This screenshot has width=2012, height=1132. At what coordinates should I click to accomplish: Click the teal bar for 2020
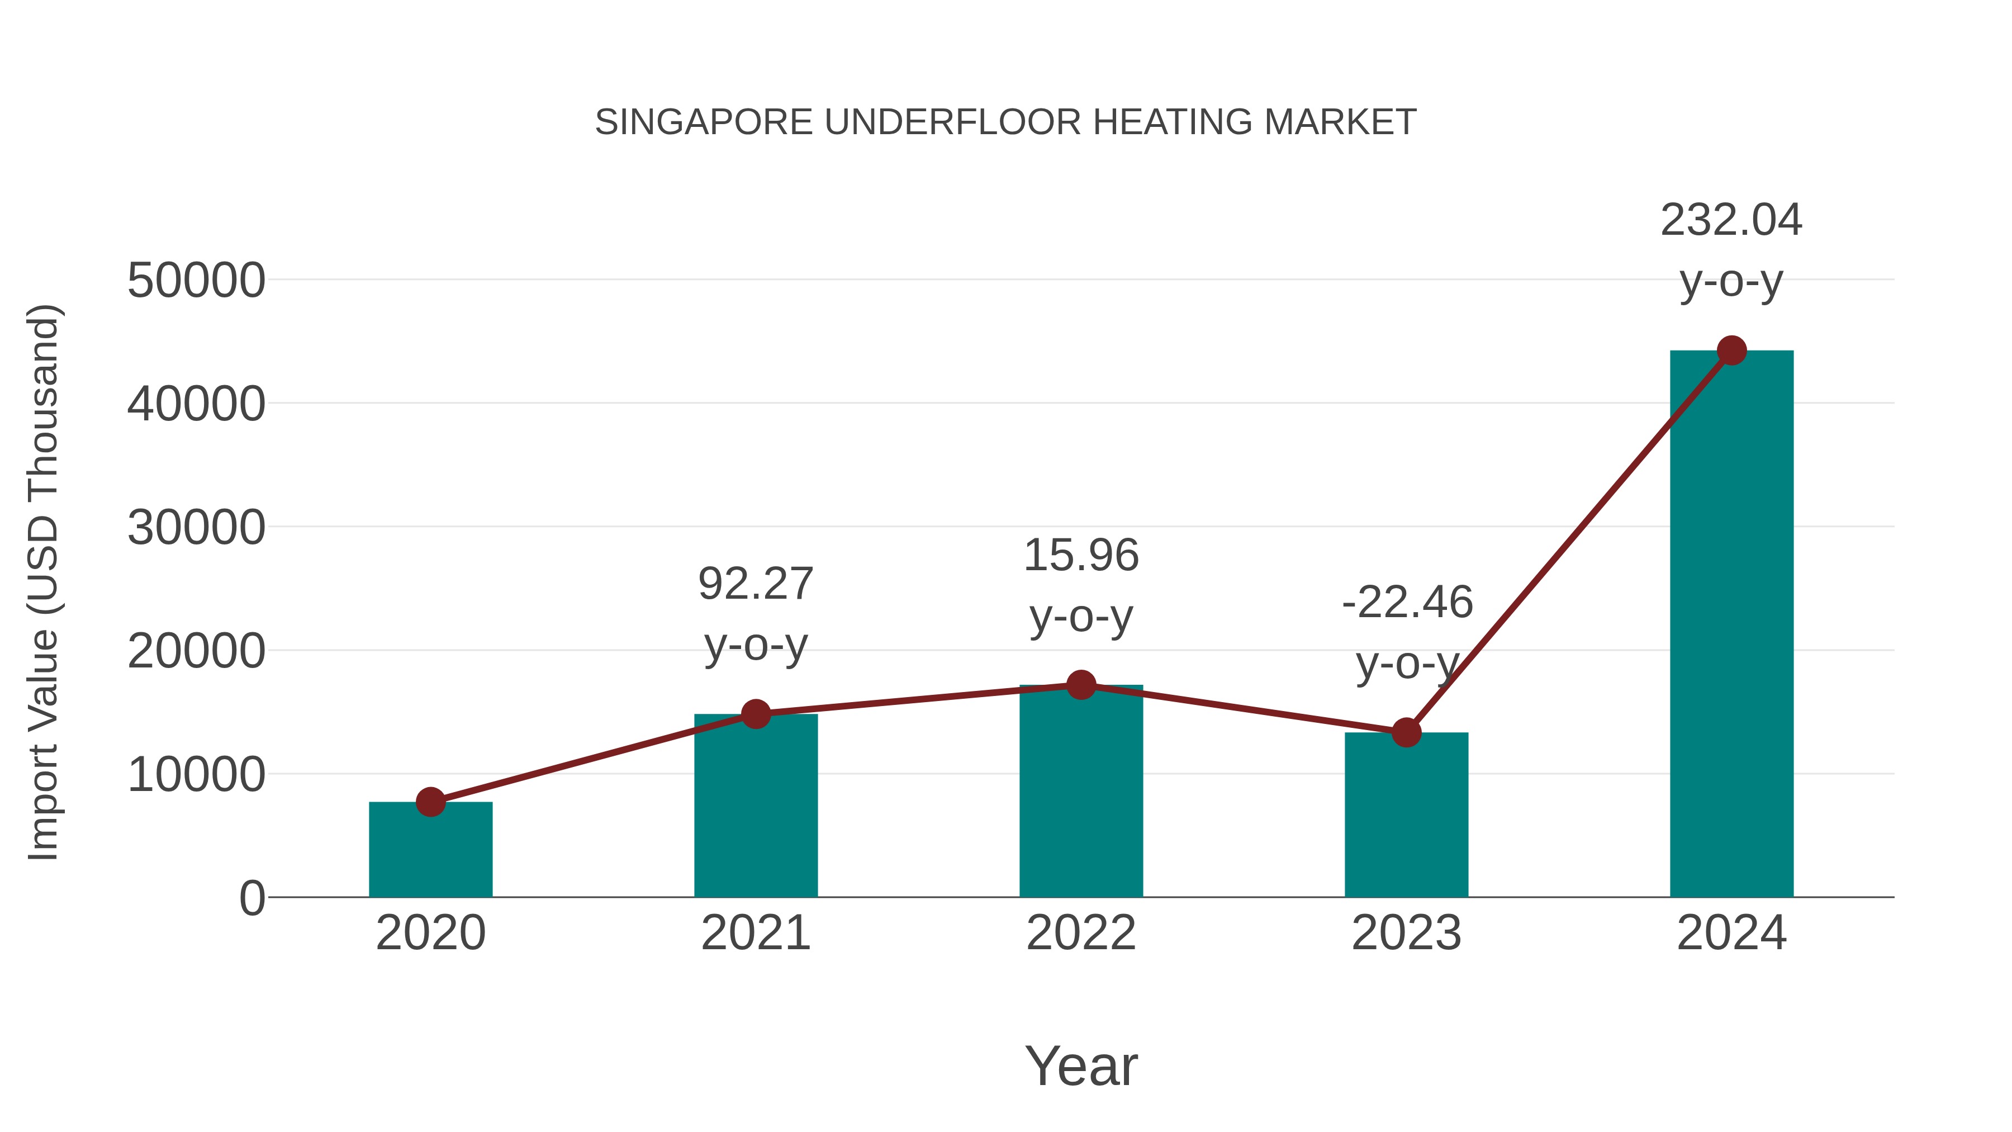click(x=430, y=851)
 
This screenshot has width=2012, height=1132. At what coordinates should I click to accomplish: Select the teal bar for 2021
click(x=755, y=808)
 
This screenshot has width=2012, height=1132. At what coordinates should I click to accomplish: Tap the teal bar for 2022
click(x=1081, y=793)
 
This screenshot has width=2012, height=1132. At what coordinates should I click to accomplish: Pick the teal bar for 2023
click(x=1406, y=816)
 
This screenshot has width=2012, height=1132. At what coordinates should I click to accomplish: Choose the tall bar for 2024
click(x=1731, y=625)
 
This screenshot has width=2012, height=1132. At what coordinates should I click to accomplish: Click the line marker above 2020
click(x=430, y=802)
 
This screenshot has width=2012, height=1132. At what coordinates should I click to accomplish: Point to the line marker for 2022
click(x=1081, y=685)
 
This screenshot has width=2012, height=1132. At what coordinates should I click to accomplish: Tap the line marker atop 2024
click(x=1731, y=351)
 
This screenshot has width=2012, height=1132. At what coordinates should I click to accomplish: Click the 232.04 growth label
click(x=1731, y=220)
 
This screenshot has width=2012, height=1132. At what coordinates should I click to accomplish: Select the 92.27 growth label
click(x=755, y=584)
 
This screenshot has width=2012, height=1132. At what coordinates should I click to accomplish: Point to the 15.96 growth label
click(x=1081, y=556)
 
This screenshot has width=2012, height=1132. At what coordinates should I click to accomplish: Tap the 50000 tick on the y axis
click(x=196, y=281)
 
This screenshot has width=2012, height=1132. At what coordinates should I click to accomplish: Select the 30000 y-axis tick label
click(x=196, y=528)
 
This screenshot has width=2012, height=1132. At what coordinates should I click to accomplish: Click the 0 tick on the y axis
click(x=251, y=898)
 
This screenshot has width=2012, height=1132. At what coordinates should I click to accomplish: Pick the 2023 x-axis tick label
click(x=1406, y=933)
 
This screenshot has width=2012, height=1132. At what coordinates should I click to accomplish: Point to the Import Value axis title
click(x=43, y=582)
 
